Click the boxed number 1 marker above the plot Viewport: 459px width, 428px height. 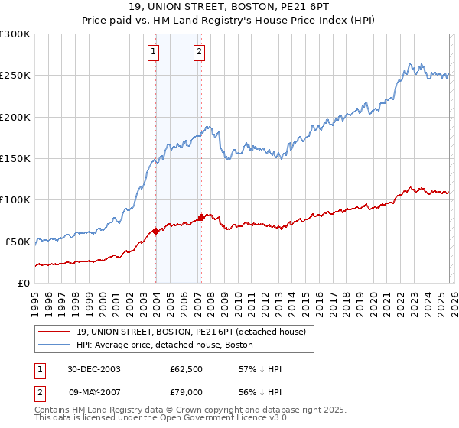click(x=155, y=52)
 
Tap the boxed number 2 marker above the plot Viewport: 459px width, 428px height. click(x=199, y=52)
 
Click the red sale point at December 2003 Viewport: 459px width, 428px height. click(x=155, y=231)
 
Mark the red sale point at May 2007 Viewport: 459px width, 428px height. click(x=201, y=217)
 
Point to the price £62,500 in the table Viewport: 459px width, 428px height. click(x=186, y=369)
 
